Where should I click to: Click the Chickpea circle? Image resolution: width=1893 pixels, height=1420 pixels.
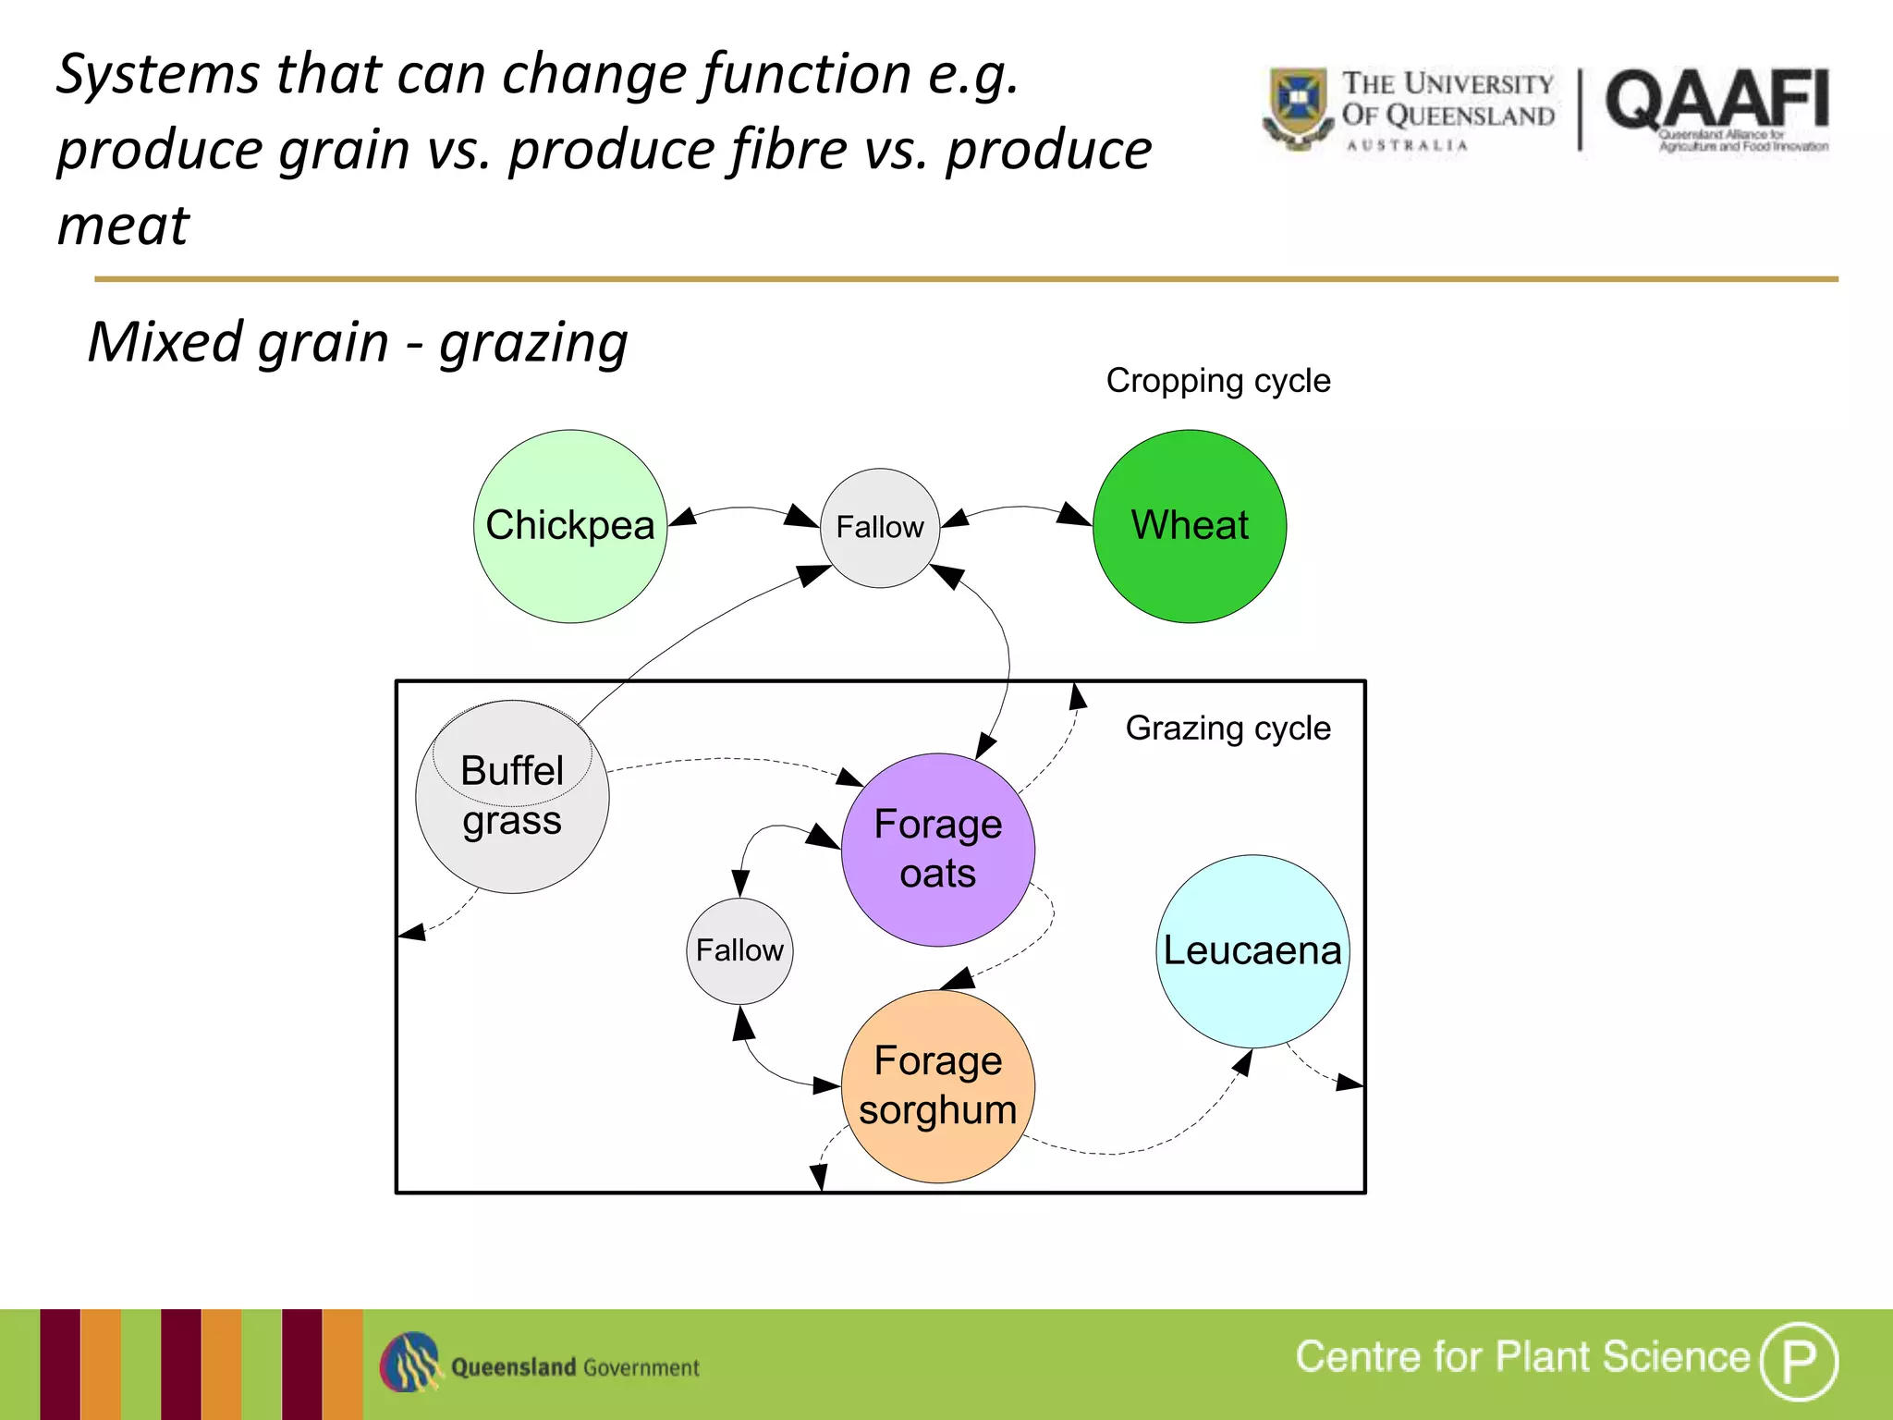(x=570, y=526)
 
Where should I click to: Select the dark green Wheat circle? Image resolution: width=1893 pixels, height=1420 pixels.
(x=1190, y=526)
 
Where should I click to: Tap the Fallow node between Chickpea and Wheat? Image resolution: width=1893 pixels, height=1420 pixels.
(x=880, y=528)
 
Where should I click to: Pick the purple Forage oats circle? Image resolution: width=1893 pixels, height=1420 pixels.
(x=938, y=850)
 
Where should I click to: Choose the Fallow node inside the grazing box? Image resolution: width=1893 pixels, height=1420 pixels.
(x=739, y=951)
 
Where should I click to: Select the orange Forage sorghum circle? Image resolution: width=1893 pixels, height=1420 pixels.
(x=938, y=1086)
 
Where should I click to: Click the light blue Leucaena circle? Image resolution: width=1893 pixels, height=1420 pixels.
(x=1252, y=951)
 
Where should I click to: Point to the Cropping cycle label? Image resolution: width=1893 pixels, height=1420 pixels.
(x=1218, y=381)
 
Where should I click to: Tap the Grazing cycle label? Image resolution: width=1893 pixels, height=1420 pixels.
(x=1227, y=728)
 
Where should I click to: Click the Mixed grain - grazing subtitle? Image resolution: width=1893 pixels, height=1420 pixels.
(x=358, y=343)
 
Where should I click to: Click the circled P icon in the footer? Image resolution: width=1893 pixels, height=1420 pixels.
(x=1799, y=1361)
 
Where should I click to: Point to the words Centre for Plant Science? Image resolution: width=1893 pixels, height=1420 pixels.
(x=1522, y=1357)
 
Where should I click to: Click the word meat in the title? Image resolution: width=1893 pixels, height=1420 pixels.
(x=123, y=226)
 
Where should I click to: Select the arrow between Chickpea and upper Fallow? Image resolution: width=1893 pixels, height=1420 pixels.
(x=744, y=509)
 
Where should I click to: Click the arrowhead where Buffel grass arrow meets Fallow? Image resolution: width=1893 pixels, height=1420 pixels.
(x=814, y=575)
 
